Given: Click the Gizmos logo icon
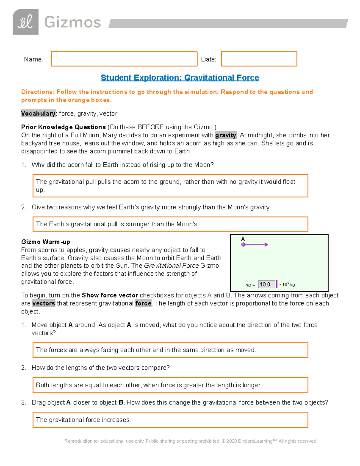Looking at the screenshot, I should [x=25, y=22].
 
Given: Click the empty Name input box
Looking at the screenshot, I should [x=124, y=59].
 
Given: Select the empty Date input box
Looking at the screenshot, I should [x=259, y=59].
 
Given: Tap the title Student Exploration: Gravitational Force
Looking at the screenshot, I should [x=180, y=78].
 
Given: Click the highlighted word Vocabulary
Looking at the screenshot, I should [x=39, y=113].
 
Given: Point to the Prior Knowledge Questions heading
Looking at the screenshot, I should [x=63, y=127].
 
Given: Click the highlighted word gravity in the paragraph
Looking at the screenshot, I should [x=226, y=135].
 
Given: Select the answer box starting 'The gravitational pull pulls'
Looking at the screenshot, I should [x=170, y=186].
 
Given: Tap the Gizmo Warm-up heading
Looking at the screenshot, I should [x=46, y=242].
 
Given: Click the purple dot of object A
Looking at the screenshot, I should [x=243, y=245].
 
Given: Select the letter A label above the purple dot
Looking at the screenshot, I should [x=243, y=239].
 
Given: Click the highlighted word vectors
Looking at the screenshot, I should [x=43, y=303].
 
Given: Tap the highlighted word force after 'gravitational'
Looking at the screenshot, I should [x=143, y=303].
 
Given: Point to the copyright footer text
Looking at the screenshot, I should [x=190, y=441].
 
